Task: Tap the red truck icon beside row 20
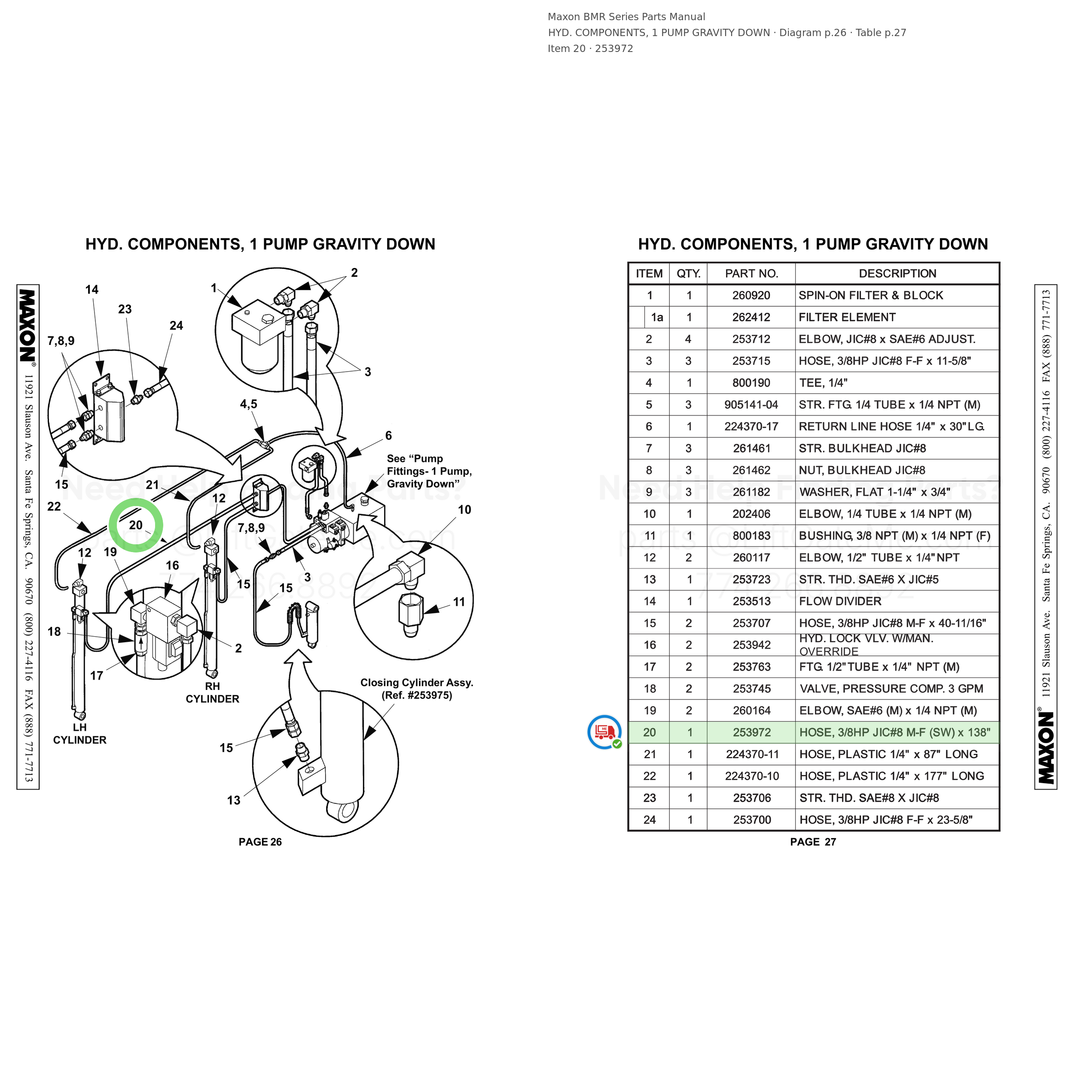coord(605,732)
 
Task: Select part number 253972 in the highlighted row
coord(751,732)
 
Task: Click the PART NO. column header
coord(751,274)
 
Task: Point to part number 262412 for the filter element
coord(751,317)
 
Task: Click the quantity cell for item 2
coord(688,339)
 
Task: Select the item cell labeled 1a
coord(657,317)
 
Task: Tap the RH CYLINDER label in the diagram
coord(212,693)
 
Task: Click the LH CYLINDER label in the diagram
coord(79,733)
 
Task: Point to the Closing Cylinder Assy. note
coord(417,689)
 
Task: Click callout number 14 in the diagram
coord(92,290)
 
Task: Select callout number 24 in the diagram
coord(176,326)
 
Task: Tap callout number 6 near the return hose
coord(389,435)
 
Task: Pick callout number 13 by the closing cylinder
coord(233,800)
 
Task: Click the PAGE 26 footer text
coord(260,842)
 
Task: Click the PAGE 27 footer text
coord(813,842)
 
